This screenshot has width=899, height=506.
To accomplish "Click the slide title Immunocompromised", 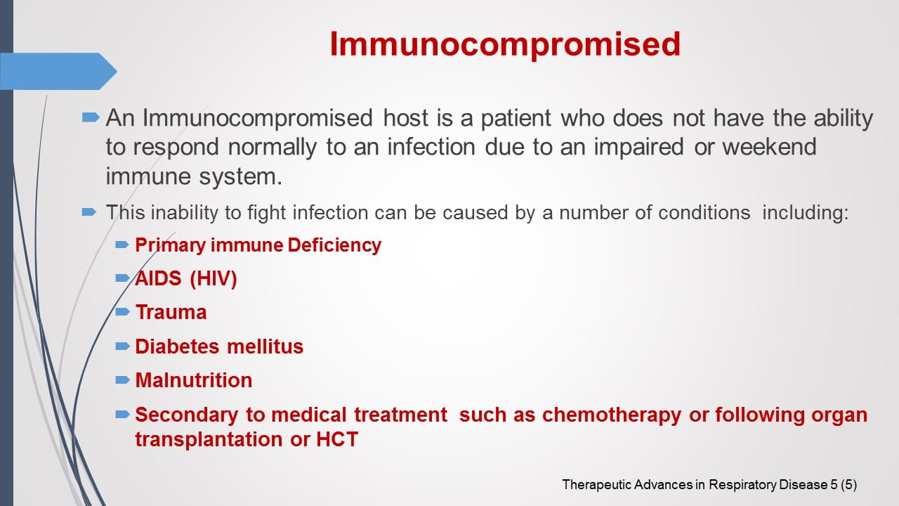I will pyautogui.click(x=505, y=44).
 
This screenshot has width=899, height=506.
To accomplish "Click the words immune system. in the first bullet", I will pyautogui.click(x=194, y=176).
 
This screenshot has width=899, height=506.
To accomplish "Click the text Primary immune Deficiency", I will pyautogui.click(x=258, y=245).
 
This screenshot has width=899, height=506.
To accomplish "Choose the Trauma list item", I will pyautogui.click(x=171, y=312).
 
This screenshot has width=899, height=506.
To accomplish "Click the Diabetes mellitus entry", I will pyautogui.click(x=219, y=346).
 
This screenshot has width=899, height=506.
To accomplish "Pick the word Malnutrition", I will pyautogui.click(x=193, y=380).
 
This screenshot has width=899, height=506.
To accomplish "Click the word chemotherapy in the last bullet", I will pyautogui.click(x=611, y=415).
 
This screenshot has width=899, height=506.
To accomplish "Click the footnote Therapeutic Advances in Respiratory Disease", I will pyautogui.click(x=694, y=484).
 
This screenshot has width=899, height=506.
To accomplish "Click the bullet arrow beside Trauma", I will pyautogui.click(x=123, y=311).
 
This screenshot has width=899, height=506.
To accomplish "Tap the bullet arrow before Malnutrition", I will pyautogui.click(x=123, y=379).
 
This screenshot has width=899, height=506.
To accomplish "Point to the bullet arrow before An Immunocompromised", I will pyautogui.click(x=91, y=117).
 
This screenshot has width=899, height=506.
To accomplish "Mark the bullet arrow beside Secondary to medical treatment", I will pyautogui.click(x=123, y=414).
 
